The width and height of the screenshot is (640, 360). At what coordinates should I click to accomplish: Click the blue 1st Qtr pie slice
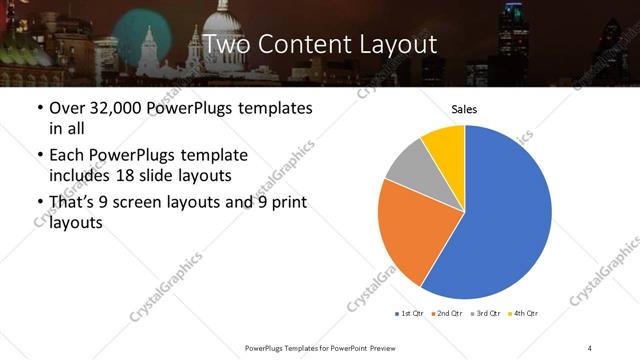(x=500, y=220)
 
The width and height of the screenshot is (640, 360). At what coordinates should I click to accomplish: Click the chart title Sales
(x=464, y=107)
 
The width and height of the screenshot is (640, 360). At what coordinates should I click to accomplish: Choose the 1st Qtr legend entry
(x=410, y=314)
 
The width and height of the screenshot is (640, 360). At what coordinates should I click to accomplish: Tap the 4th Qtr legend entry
(x=524, y=314)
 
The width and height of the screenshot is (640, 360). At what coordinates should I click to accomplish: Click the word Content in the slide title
(x=301, y=44)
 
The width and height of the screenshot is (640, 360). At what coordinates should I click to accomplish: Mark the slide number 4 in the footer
(x=590, y=347)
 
